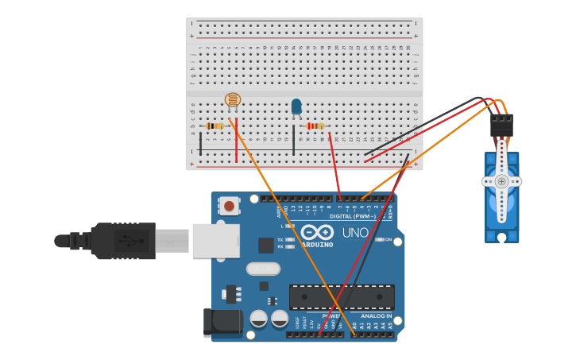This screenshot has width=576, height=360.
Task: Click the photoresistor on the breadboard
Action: [x=232, y=100]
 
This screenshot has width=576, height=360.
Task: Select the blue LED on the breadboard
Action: [x=296, y=106]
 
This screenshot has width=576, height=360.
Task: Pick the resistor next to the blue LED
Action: [x=315, y=126]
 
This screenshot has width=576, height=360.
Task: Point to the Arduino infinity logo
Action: [x=317, y=233]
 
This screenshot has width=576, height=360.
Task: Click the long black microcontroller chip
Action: [x=342, y=297]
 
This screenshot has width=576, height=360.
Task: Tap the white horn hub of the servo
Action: [x=501, y=181]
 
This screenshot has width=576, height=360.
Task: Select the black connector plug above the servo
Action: [x=501, y=126]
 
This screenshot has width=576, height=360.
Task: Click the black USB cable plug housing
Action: [x=123, y=240]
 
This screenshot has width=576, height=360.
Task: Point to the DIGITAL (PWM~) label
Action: [x=352, y=216]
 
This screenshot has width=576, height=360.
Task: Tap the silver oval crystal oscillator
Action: [x=263, y=269]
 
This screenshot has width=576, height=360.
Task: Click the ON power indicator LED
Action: [x=380, y=239]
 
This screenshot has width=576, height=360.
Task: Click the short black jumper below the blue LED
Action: [x=293, y=140]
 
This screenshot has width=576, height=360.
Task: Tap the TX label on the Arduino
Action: [x=280, y=239]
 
